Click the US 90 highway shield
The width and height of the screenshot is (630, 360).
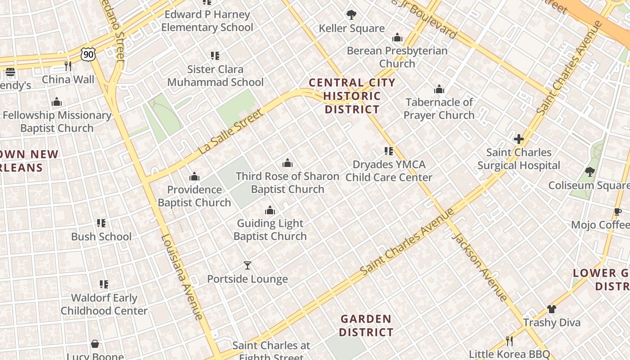(89, 54)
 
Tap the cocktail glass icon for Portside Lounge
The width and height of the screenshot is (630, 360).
(247, 265)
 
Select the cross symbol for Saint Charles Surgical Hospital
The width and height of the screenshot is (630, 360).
(519, 139)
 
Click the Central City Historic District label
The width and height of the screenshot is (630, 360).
(352, 96)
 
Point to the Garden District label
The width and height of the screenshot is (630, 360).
(366, 325)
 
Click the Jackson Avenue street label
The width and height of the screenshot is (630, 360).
(480, 267)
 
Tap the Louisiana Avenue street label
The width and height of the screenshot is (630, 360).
(182, 277)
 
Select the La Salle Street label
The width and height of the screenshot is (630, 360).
(230, 131)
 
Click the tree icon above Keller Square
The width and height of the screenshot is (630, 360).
(351, 15)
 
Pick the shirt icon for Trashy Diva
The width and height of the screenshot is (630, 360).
(552, 309)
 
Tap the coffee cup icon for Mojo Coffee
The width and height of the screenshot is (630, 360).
(618, 211)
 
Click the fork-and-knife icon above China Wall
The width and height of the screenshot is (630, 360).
(68, 66)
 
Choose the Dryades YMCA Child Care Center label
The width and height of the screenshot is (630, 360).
(389, 171)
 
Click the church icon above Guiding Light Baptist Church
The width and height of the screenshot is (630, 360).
(270, 210)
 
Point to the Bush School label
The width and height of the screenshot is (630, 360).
(101, 236)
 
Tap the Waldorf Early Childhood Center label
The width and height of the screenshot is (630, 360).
(104, 304)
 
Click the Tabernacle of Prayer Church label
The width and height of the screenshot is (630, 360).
(439, 108)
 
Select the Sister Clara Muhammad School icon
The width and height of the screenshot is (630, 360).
(215, 56)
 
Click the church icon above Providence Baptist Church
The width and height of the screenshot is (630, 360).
(194, 176)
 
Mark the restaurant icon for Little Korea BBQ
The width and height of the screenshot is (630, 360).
(509, 341)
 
